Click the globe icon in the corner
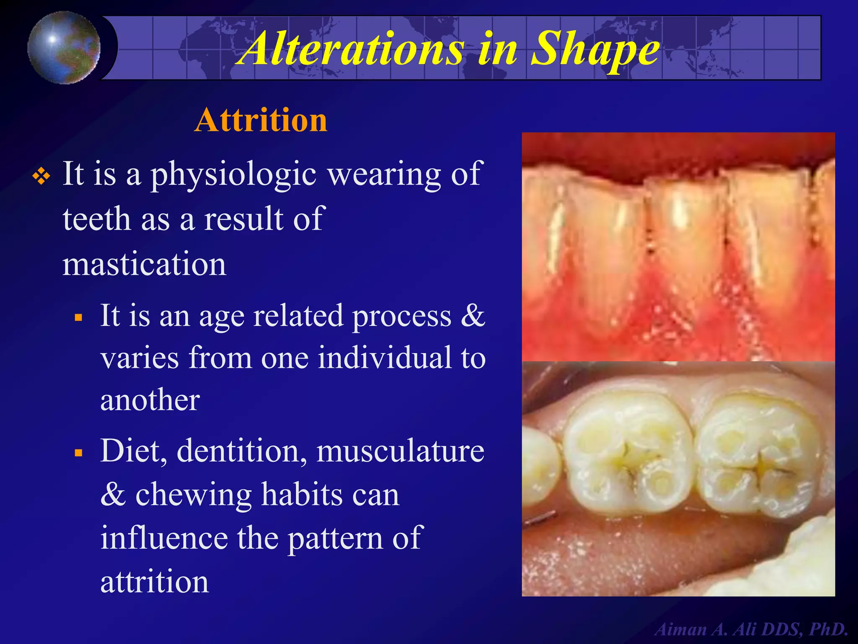64,47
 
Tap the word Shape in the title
595,49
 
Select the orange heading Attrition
261,120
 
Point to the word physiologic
233,175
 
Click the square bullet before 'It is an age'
78,317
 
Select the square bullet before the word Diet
78,453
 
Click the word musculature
400,451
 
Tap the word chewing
193,495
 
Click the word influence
164,538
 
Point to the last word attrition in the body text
155,582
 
